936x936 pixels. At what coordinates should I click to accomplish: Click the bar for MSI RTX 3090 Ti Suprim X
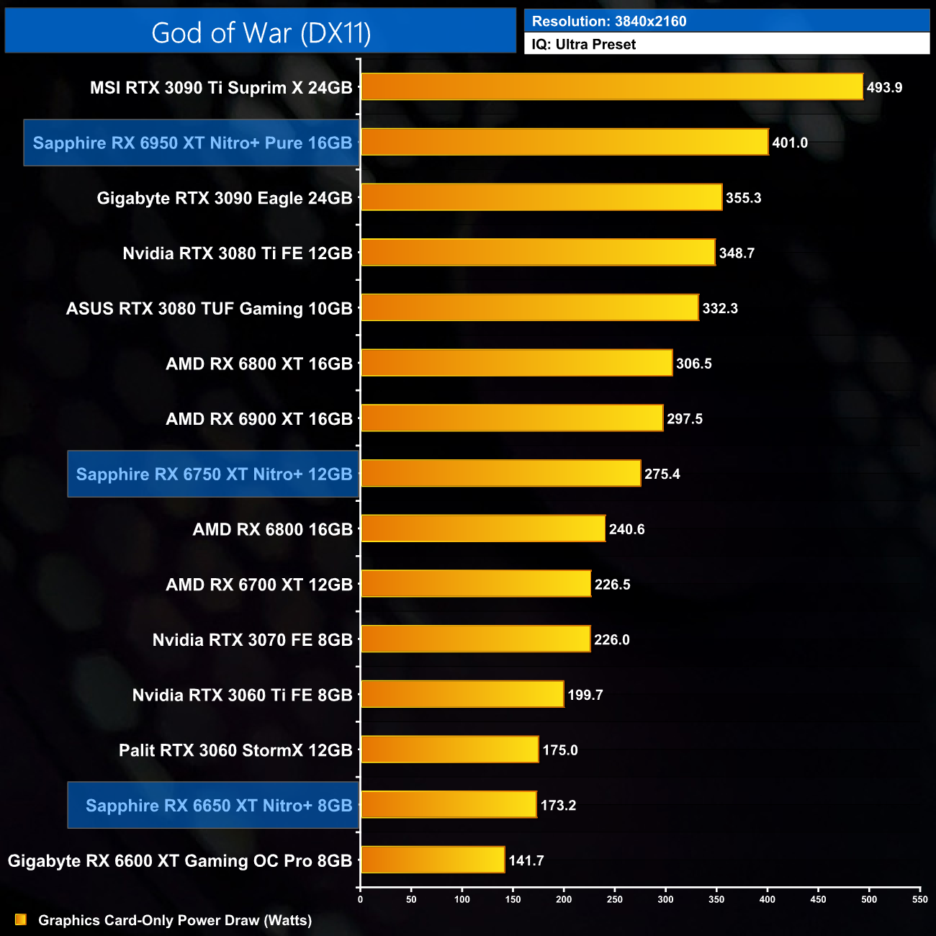point(611,87)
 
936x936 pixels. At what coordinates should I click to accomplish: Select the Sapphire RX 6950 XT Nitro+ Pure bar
point(564,142)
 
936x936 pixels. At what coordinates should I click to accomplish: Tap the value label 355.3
point(743,198)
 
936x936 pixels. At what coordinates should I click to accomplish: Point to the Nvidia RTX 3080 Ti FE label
point(238,253)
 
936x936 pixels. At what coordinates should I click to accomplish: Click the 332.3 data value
point(720,308)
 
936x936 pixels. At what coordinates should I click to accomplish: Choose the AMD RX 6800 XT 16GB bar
point(516,363)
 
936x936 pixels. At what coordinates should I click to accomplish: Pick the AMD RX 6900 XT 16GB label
point(259,419)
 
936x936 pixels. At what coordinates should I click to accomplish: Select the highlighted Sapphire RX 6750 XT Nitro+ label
point(214,474)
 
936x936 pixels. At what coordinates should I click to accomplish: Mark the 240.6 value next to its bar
point(626,529)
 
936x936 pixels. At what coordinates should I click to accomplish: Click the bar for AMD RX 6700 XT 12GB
point(476,584)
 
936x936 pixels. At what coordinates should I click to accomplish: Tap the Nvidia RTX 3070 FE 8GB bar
point(475,639)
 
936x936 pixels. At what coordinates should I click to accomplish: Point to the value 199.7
point(585,695)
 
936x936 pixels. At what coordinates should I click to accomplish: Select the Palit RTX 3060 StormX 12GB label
point(235,750)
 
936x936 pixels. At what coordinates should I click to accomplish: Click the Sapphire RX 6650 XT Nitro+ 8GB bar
point(449,805)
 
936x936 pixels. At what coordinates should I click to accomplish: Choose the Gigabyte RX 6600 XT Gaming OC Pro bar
point(433,860)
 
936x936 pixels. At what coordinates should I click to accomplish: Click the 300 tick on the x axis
point(666,899)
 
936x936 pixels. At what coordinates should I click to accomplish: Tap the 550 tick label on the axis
point(920,899)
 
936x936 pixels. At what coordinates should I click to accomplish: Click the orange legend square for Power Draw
point(20,919)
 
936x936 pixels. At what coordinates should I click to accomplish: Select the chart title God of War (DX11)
point(261,32)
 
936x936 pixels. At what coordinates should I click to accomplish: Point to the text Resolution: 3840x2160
point(609,22)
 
